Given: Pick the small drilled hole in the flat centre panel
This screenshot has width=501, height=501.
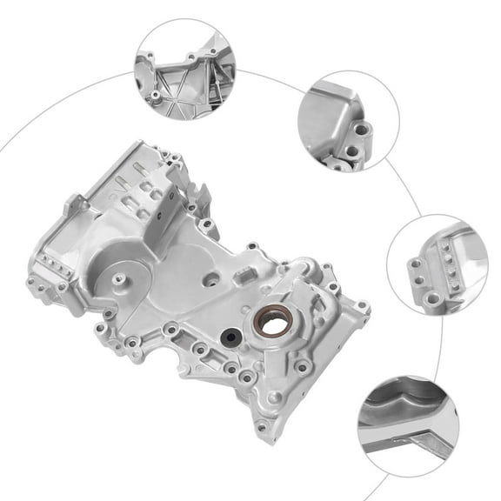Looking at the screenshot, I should coord(210,280).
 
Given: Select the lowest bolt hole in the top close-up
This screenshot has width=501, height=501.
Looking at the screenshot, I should coord(156,95).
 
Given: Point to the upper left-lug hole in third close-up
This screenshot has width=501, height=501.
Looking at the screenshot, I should coord(417,264).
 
